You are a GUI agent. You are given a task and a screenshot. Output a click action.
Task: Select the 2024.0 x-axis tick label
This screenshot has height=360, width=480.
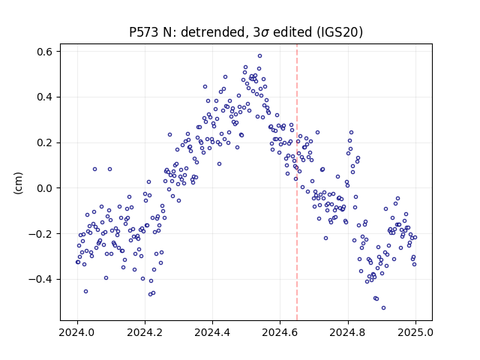[77, 332]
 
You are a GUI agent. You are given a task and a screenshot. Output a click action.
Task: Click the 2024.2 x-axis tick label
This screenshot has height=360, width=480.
[145, 332]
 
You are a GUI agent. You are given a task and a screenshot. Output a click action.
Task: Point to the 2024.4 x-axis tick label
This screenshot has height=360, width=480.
[212, 332]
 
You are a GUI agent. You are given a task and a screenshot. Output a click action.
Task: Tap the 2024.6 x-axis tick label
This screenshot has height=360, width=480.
[280, 332]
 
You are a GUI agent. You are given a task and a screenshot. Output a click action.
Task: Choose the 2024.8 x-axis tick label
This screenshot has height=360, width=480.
[348, 332]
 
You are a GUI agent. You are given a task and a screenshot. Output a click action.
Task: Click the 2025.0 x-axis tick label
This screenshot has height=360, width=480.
[415, 332]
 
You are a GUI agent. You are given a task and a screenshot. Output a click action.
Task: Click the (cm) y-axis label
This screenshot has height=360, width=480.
[18, 183]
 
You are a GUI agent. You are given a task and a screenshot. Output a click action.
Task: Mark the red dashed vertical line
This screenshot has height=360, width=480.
[297, 182]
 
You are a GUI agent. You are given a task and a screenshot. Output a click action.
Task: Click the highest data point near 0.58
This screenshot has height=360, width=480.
[260, 56]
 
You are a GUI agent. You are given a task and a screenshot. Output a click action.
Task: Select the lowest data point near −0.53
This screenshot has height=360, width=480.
[383, 308]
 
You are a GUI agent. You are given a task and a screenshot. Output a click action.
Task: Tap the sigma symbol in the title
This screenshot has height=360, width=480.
[265, 33]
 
